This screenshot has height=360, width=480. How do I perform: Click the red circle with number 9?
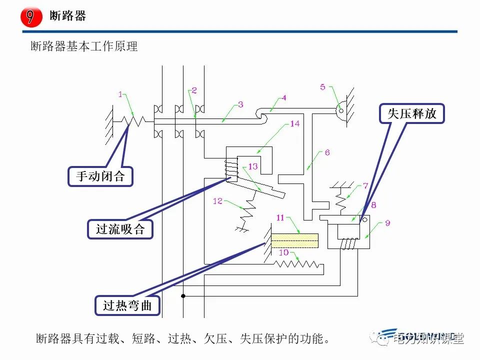coord(30,16)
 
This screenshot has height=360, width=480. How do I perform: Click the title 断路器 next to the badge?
coord(68,16)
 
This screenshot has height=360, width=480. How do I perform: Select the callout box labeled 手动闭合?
coord(100,176)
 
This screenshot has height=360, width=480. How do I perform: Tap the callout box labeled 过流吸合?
coord(120,229)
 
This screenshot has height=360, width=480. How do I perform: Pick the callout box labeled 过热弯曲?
coord(127,305)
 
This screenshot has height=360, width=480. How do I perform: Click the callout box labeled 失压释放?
coord(412,113)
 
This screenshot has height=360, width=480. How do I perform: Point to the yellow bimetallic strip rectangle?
coord(295,240)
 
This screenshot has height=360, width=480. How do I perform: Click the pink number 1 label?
coord(120,93)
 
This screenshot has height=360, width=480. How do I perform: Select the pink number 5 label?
coord(322,87)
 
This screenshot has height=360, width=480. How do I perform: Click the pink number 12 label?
coord(217,201)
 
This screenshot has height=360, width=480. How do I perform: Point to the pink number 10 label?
coord(283,252)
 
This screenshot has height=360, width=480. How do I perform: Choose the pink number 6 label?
coord(327,152)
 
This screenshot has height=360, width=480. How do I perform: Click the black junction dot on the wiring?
coord(183,296)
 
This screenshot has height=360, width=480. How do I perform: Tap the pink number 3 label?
coord(240,104)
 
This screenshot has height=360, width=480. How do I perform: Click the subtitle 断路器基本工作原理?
coord(84,47)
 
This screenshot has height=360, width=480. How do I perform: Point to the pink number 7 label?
coord(366,185)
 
